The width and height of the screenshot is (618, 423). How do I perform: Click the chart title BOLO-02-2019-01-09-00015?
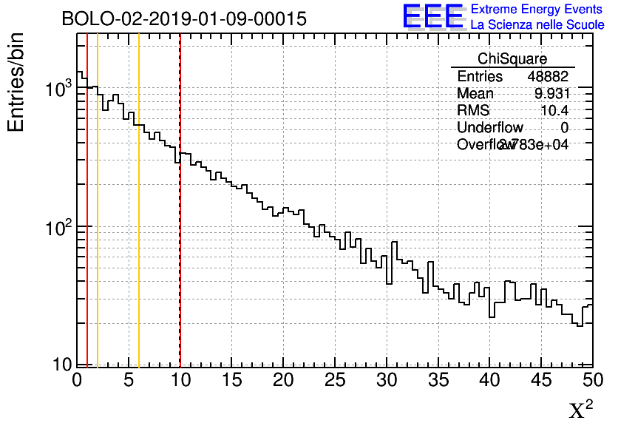point(184,19)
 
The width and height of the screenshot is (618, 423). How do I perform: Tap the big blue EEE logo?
point(433,16)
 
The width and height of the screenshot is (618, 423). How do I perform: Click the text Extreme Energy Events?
point(537,10)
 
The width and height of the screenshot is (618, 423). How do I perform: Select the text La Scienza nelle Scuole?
point(537,25)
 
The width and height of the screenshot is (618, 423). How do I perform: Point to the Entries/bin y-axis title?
point(16,81)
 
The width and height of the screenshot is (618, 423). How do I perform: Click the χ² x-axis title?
point(581,408)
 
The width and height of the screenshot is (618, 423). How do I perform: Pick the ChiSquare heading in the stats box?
point(512,59)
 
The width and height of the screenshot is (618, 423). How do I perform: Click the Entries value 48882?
point(548,77)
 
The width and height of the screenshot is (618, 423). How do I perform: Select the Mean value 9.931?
point(552,94)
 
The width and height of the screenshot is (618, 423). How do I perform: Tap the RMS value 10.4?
point(554,111)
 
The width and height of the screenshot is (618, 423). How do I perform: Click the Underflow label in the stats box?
point(490,128)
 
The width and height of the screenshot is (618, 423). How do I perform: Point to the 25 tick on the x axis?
point(335,380)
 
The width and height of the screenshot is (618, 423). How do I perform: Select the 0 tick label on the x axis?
point(77,380)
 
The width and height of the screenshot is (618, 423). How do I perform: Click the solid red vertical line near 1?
point(87,222)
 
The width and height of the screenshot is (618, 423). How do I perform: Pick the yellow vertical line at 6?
point(139,222)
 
